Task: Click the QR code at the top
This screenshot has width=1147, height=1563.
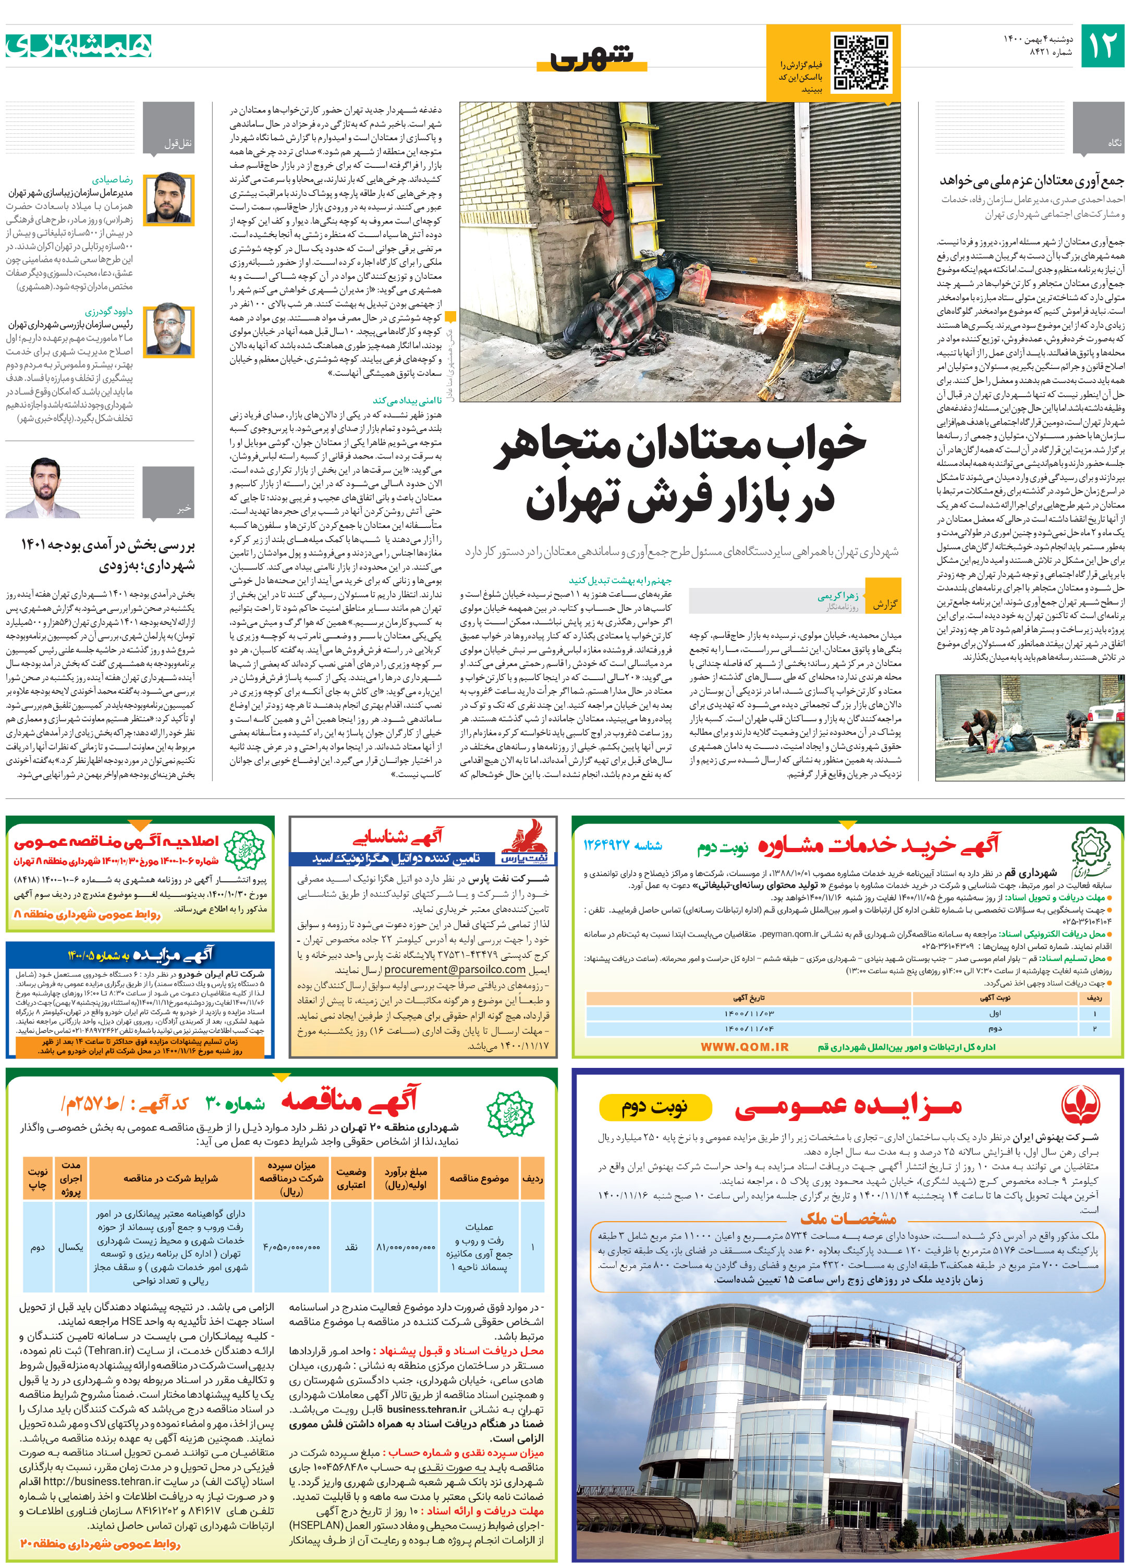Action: pos(860,63)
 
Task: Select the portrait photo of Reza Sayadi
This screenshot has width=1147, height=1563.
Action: pos(169,198)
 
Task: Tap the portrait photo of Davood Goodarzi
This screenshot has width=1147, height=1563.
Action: pos(169,329)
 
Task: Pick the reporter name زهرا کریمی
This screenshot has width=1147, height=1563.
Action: pos(838,596)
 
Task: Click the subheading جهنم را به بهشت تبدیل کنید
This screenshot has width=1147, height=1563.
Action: pos(619,580)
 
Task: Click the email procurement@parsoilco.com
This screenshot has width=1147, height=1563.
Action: pos(455,969)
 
